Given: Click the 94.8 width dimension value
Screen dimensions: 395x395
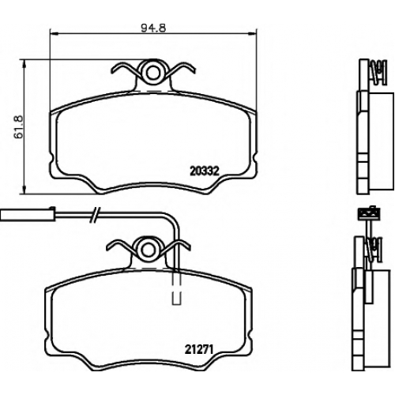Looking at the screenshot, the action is pyautogui.click(x=153, y=28).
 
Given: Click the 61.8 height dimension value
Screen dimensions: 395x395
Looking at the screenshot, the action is pyautogui.click(x=19, y=126).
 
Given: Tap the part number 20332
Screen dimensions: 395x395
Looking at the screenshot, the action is pyautogui.click(x=205, y=171).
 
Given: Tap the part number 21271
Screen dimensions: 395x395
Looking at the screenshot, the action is pyautogui.click(x=199, y=349).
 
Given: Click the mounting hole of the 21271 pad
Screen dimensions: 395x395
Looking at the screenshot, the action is pyautogui.click(x=146, y=250).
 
